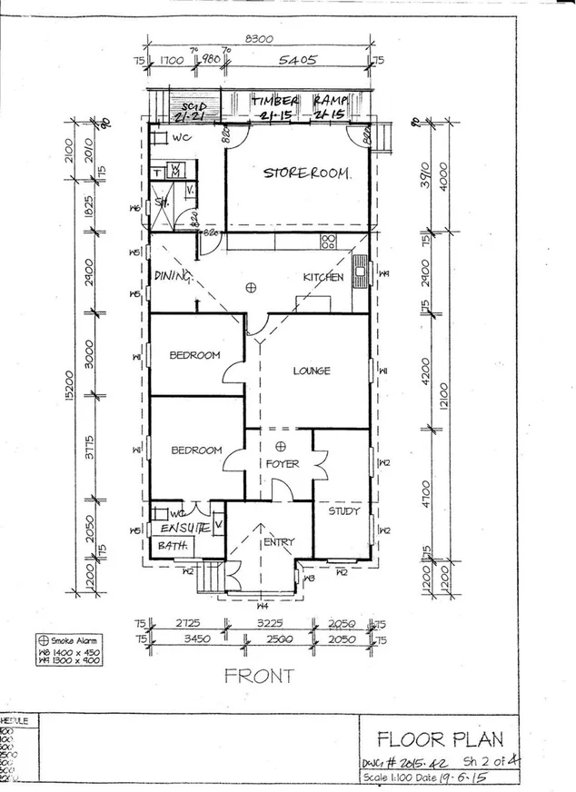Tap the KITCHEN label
(x=323, y=277)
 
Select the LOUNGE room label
(x=311, y=371)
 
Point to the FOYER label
(x=282, y=463)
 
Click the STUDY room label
(x=343, y=510)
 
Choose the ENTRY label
(x=278, y=542)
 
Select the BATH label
(x=173, y=546)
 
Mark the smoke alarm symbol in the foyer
(x=281, y=445)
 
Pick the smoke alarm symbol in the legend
(x=42, y=639)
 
